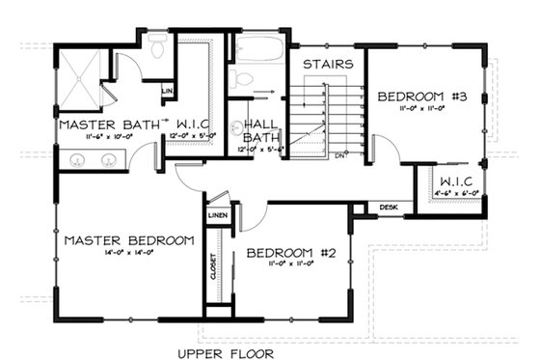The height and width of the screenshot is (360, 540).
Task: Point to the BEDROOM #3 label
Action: tap(421, 97)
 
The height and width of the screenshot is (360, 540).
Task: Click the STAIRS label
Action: tap(327, 64)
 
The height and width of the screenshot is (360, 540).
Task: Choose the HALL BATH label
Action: tap(261, 131)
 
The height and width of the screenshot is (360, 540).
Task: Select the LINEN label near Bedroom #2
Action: tap(217, 214)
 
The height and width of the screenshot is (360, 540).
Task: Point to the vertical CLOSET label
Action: tap(213, 263)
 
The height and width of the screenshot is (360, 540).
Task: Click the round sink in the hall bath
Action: tap(238, 126)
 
